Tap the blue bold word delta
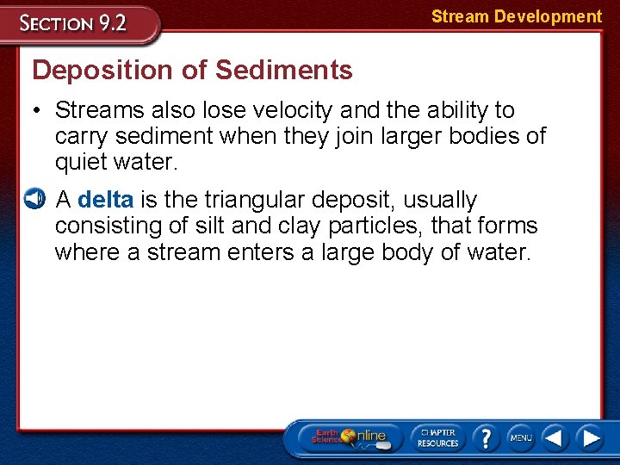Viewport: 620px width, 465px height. [x=105, y=200]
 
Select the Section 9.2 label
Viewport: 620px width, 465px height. [x=74, y=23]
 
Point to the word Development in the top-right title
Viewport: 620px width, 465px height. [x=548, y=16]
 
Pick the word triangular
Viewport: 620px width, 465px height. [x=254, y=200]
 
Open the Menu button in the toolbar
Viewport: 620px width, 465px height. [x=520, y=437]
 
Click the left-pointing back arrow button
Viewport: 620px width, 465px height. [x=555, y=437]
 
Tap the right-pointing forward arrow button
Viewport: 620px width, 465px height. [x=590, y=437]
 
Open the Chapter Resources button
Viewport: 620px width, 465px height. [x=437, y=437]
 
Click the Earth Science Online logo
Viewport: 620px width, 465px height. [x=349, y=437]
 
